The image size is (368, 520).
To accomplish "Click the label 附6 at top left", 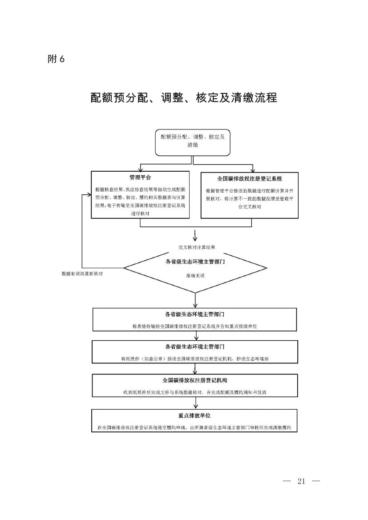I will pos(56,59).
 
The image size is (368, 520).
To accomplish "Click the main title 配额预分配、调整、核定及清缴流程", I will pos(183,97).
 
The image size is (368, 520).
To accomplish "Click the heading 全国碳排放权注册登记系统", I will pos(250,179).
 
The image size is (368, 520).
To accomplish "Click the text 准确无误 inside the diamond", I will pos(195,276).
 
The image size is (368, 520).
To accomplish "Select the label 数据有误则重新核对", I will pos(82,274).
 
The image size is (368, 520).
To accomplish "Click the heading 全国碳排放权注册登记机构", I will pos(195,381).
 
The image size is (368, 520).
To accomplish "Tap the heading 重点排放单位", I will pos(194,415).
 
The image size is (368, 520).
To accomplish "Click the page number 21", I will pos(302,481).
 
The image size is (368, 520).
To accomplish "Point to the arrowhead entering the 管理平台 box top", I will pos(141,170).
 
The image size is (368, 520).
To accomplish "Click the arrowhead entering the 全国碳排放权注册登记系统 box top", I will pos(252,170).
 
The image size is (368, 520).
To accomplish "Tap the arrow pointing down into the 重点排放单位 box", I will pos(195,406).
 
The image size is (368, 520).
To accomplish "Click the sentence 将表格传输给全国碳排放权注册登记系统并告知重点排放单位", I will pos(195,327).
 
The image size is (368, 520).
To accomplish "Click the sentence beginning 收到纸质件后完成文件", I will pos(195,393).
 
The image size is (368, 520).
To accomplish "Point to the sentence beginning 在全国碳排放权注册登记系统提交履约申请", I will pos(194,427).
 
